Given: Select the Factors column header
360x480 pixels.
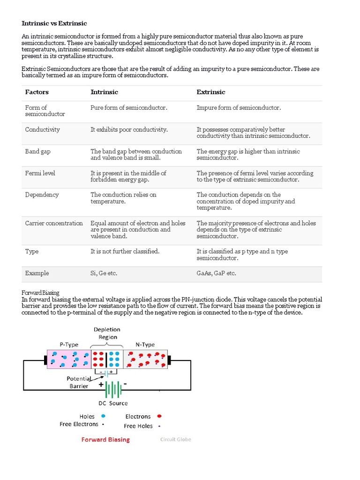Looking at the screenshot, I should (37, 92).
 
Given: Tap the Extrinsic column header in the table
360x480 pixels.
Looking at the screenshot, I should (211, 92).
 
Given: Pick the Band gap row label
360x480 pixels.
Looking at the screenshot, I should (37, 151).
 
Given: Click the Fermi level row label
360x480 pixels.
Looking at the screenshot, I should (40, 173).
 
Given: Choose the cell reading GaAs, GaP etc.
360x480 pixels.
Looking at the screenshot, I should (216, 273).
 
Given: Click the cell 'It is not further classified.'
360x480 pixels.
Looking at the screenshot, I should (125, 251).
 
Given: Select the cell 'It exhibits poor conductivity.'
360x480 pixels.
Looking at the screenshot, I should (129, 129).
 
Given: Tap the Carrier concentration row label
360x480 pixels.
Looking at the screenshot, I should (54, 223).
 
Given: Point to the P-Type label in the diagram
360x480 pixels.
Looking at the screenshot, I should (69, 345).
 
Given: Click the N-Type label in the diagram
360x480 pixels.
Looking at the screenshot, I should (145, 345).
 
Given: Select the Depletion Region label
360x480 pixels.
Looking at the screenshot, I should (107, 333).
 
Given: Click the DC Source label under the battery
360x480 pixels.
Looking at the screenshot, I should (112, 403).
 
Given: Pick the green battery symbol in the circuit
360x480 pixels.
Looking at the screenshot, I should (112, 389).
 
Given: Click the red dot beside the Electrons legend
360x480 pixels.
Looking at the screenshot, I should (159, 416).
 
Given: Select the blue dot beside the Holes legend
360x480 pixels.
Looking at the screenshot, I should (103, 416).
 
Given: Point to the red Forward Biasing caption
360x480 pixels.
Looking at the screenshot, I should (105, 440).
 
